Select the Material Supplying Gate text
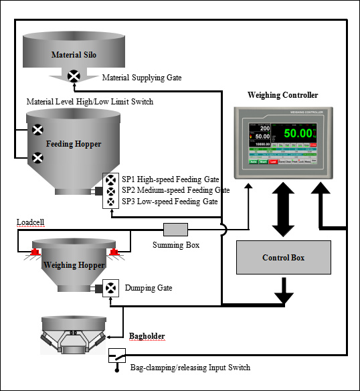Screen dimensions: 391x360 point(141,78)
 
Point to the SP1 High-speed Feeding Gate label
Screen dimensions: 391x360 point(170,179)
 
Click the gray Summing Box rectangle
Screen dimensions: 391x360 point(175,230)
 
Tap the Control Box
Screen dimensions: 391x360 point(284,257)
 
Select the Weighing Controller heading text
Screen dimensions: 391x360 point(282,95)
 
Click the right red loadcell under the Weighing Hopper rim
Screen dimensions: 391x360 point(114,252)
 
